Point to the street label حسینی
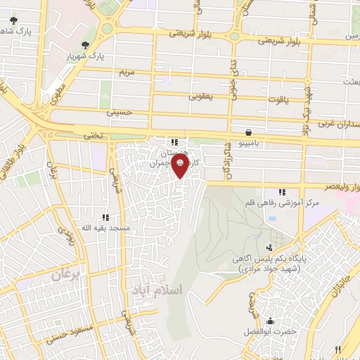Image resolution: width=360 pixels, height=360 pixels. [119, 111]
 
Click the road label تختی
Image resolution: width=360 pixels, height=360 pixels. [94, 134]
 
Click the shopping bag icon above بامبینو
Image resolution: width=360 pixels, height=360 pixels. [249, 131]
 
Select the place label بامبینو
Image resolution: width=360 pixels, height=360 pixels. [250, 143]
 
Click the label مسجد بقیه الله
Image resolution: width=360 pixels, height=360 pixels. [86, 229]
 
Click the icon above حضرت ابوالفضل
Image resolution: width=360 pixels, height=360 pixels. [269, 321]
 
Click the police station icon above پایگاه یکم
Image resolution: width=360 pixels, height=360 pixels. [269, 247]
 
